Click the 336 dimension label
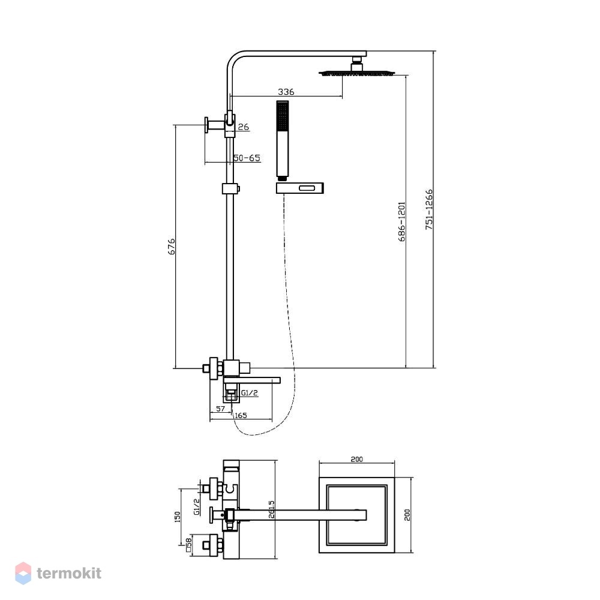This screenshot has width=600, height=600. coord(286,92)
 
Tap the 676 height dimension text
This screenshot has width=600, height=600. coord(172,247)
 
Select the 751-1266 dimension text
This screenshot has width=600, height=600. coord(429,209)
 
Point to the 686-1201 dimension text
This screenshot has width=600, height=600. coord(401,222)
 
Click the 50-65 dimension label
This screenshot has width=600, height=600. coord(247,158)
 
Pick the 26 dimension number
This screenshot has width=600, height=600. coord(244,127)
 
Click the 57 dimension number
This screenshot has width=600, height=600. coord(221,409)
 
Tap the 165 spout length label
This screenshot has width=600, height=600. coord(241,416)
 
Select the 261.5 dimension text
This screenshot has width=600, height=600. coord(272,509)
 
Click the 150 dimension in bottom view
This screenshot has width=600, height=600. coord(177,517)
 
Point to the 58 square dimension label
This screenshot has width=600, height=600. coord(188,545)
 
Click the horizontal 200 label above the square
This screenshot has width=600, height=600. coord(356,459)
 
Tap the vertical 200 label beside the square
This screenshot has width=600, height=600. coord(407,515)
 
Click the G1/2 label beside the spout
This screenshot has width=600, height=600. coord(250,392)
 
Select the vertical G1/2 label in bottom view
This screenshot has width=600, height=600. coord(197,506)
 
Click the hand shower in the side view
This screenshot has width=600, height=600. coord(283,140)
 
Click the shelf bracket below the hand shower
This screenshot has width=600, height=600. coord(300,188)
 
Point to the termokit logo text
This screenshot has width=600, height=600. coord(69,573)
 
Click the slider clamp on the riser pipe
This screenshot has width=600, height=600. coord(231,188)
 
